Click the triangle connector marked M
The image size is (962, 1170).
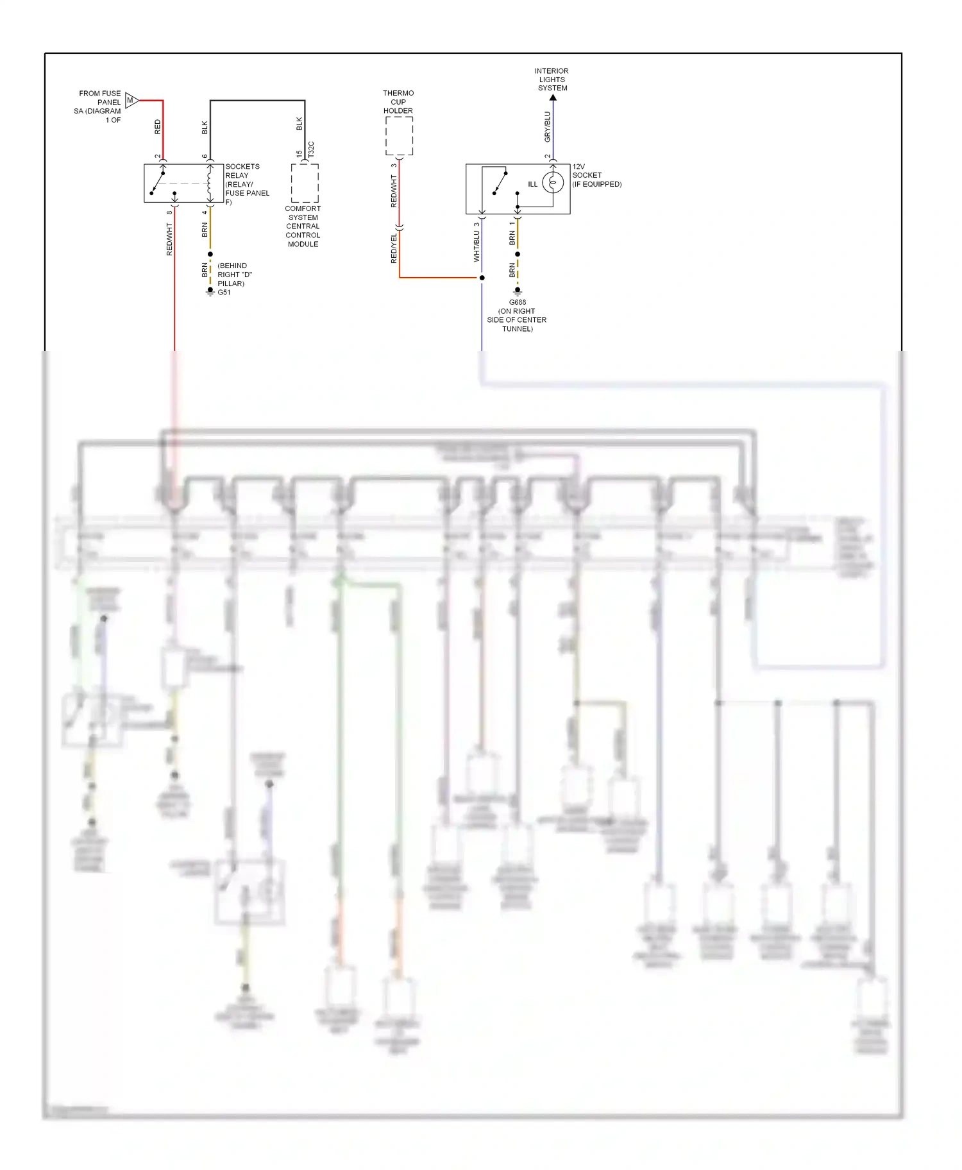tap(131, 100)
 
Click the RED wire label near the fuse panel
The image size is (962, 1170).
tap(158, 126)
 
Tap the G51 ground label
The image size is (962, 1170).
tap(224, 292)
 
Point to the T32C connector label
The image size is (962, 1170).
tap(311, 149)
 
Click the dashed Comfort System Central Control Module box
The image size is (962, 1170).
tap(305, 183)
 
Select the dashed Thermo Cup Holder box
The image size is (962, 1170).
tap(399, 136)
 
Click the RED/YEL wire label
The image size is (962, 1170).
tap(394, 248)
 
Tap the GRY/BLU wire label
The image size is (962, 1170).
tap(547, 126)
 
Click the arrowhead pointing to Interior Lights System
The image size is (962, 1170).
tap(553, 97)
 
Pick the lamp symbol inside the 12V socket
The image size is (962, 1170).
tap(553, 183)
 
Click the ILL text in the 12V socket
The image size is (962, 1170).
tap(532, 184)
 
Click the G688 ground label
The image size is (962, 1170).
tap(518, 302)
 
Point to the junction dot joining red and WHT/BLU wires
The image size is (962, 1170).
tap(482, 278)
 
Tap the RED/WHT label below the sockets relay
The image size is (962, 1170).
tap(169, 239)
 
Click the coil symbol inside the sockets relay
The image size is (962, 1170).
tap(210, 183)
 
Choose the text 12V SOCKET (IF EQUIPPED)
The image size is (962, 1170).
tap(596, 175)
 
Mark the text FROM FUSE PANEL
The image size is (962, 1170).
tap(99, 97)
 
